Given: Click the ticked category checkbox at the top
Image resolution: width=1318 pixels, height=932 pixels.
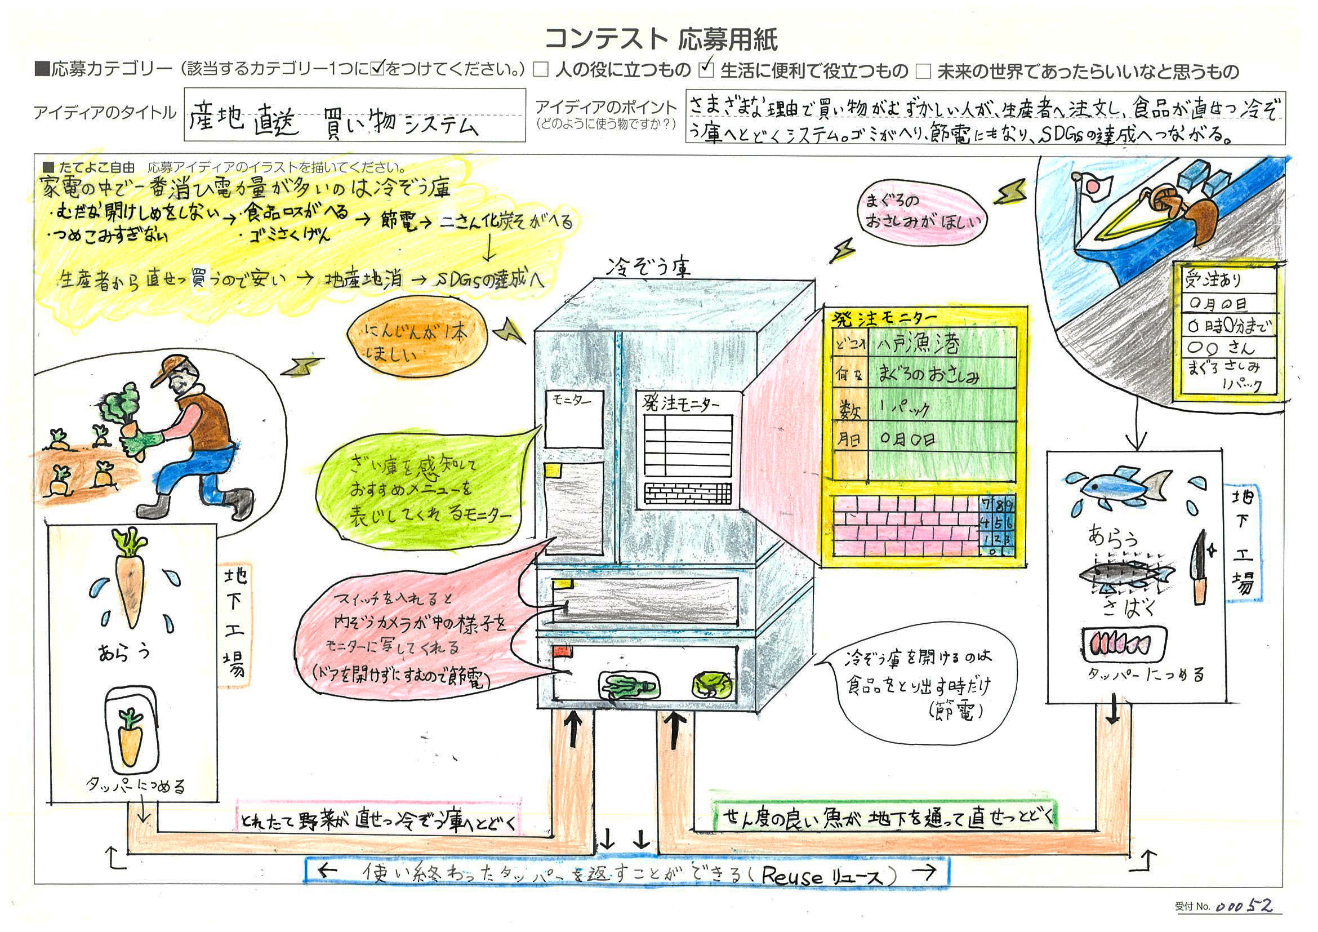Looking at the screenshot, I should coord(706,69).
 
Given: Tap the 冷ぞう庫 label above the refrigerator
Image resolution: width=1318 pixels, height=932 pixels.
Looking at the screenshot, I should coord(649,267).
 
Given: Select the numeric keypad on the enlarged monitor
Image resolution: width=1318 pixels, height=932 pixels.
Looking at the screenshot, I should coord(996,526).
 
